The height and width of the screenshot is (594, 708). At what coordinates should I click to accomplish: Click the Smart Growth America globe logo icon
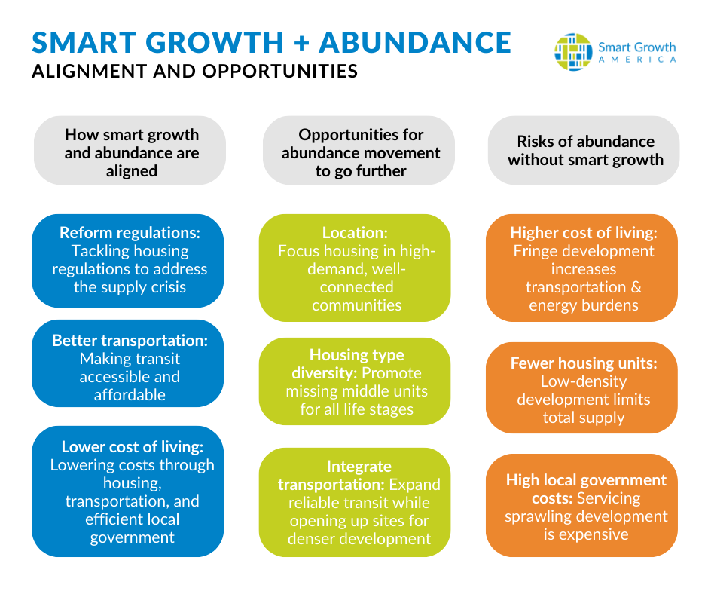pyautogui.click(x=573, y=52)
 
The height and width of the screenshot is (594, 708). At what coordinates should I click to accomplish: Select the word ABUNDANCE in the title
pyautogui.click(x=415, y=42)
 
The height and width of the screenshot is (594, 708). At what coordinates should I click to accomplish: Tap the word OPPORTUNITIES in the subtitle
pyautogui.click(x=280, y=71)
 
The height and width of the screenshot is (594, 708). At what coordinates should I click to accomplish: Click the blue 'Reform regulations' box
pyautogui.click(x=128, y=261)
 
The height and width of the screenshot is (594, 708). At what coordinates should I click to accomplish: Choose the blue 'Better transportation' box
pyautogui.click(x=128, y=363)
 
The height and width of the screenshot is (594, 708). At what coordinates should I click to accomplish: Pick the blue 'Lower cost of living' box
pyautogui.click(x=128, y=491)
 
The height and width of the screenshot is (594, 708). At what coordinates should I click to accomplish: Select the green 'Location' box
pyautogui.click(x=355, y=268)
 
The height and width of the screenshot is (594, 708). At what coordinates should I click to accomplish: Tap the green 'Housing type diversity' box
pyautogui.click(x=355, y=381)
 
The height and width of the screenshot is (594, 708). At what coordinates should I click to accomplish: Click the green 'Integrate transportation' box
pyautogui.click(x=355, y=502)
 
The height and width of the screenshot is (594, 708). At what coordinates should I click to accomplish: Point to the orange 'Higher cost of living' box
pyautogui.click(x=581, y=268)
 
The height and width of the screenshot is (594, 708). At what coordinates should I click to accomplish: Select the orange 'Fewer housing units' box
pyautogui.click(x=581, y=388)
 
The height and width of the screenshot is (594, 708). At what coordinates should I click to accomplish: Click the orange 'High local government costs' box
pyautogui.click(x=581, y=505)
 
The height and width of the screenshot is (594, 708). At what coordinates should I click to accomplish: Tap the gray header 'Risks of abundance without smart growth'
pyautogui.click(x=584, y=150)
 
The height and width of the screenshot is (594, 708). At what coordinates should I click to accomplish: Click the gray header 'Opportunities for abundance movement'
pyautogui.click(x=359, y=150)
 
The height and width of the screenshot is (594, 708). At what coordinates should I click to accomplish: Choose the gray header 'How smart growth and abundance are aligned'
pyautogui.click(x=130, y=150)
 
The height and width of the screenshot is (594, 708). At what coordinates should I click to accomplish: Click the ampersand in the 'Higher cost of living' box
pyautogui.click(x=636, y=287)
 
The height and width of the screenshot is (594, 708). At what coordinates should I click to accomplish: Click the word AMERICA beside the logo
pyautogui.click(x=637, y=60)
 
